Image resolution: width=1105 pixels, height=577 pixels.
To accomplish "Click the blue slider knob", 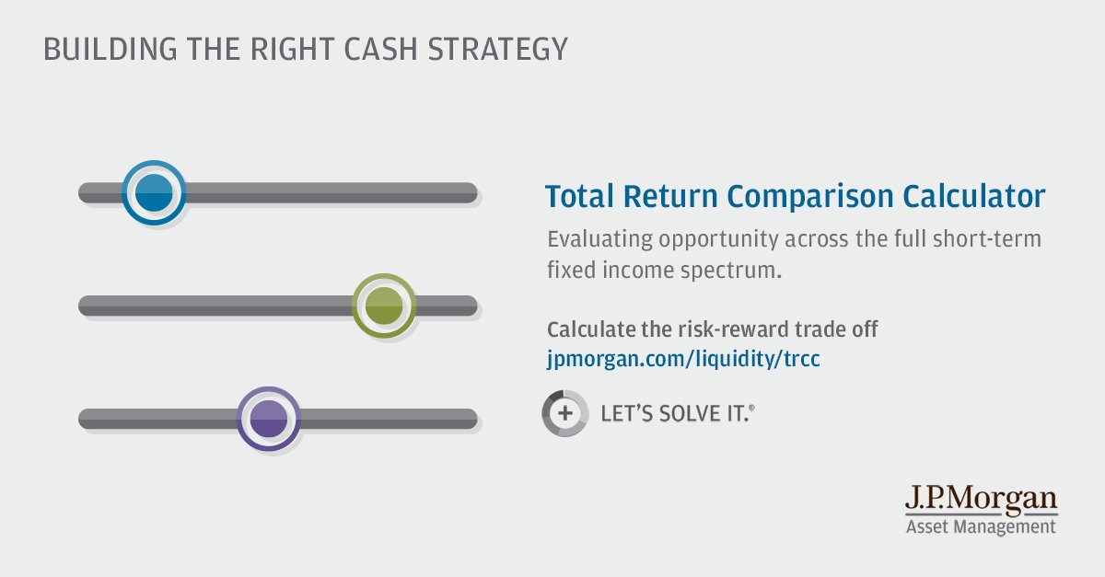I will pos(154,193).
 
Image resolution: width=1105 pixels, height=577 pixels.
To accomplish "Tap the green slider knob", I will pos(384,306).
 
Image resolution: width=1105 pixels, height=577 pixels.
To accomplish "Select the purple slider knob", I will pos(269,419).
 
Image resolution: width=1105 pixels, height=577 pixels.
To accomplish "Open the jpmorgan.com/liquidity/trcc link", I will pos(682,359).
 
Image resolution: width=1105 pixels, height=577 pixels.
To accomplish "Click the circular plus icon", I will pos(564,413).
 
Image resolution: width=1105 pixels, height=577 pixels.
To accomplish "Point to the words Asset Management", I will pos(980,527).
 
